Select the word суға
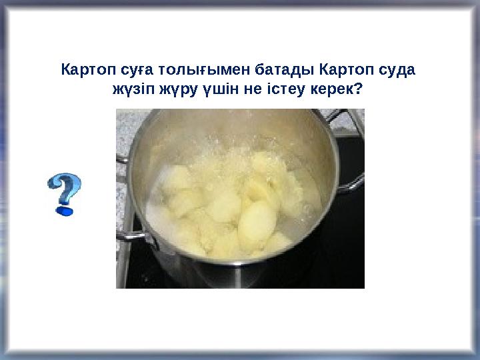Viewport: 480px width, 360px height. click(128, 69)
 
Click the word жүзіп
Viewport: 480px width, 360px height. click(131, 88)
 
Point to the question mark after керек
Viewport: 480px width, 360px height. click(360, 88)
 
